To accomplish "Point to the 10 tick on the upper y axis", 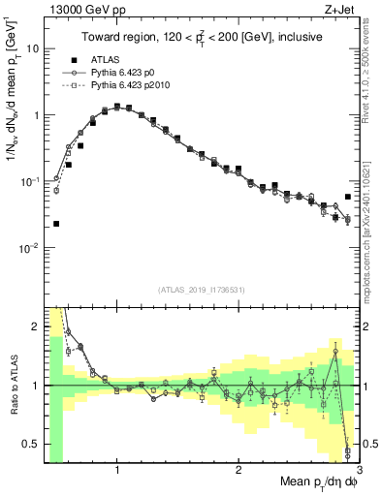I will pyautogui.click(x=32, y=48).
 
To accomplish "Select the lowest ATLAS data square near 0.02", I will pyautogui.click(x=55, y=224).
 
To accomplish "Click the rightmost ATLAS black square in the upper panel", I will pyautogui.click(x=348, y=197).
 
